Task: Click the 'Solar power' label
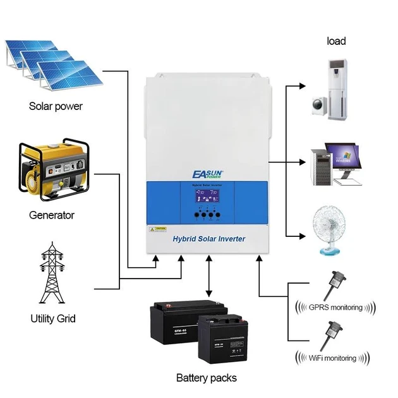(56, 106)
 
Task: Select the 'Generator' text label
(52, 215)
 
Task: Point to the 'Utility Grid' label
(53, 318)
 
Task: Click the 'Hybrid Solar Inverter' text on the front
(208, 238)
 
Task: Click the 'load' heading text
(336, 42)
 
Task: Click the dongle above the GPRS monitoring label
(334, 285)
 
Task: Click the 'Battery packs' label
(207, 378)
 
